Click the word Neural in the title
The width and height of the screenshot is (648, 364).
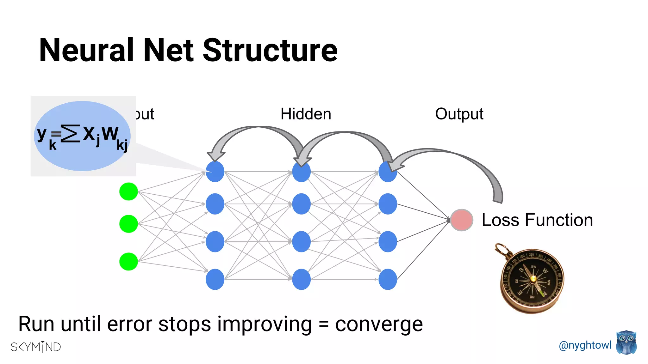click(x=86, y=51)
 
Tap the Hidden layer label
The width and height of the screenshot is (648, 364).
click(x=306, y=114)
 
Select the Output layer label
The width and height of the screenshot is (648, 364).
click(x=459, y=114)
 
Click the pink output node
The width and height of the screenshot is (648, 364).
click(x=462, y=220)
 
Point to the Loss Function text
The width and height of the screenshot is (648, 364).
click(x=537, y=220)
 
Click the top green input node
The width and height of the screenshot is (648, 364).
click(x=128, y=191)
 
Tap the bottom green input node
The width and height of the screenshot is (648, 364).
click(x=128, y=262)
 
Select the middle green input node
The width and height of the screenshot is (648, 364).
click(x=128, y=224)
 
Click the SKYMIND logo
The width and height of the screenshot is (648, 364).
click(x=36, y=347)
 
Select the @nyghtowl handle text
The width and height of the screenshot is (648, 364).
click(x=585, y=345)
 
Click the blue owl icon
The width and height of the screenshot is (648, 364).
click(x=626, y=343)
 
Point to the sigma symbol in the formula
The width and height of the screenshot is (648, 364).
click(x=70, y=134)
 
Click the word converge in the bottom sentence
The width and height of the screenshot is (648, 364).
click(x=379, y=324)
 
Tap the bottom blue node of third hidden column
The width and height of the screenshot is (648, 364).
click(x=388, y=279)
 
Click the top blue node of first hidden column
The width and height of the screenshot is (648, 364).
click(x=215, y=172)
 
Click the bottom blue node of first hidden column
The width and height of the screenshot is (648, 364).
click(x=215, y=279)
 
